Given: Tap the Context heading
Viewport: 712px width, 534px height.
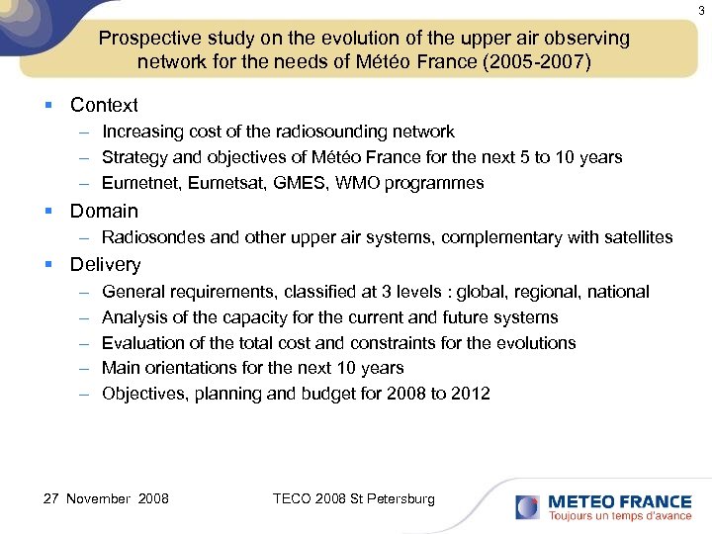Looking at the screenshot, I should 104,105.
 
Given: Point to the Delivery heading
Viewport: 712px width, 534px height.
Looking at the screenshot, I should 105,264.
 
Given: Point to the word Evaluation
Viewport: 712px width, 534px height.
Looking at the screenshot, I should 141,343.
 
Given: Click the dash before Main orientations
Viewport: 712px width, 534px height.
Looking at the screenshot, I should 82,368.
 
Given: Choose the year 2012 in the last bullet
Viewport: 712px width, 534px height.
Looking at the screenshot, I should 470,394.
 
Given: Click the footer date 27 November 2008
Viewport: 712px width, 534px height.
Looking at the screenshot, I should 106,498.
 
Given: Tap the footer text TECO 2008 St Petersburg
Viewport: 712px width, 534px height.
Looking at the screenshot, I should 353,498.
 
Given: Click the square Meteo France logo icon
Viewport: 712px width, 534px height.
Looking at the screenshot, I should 527,506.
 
